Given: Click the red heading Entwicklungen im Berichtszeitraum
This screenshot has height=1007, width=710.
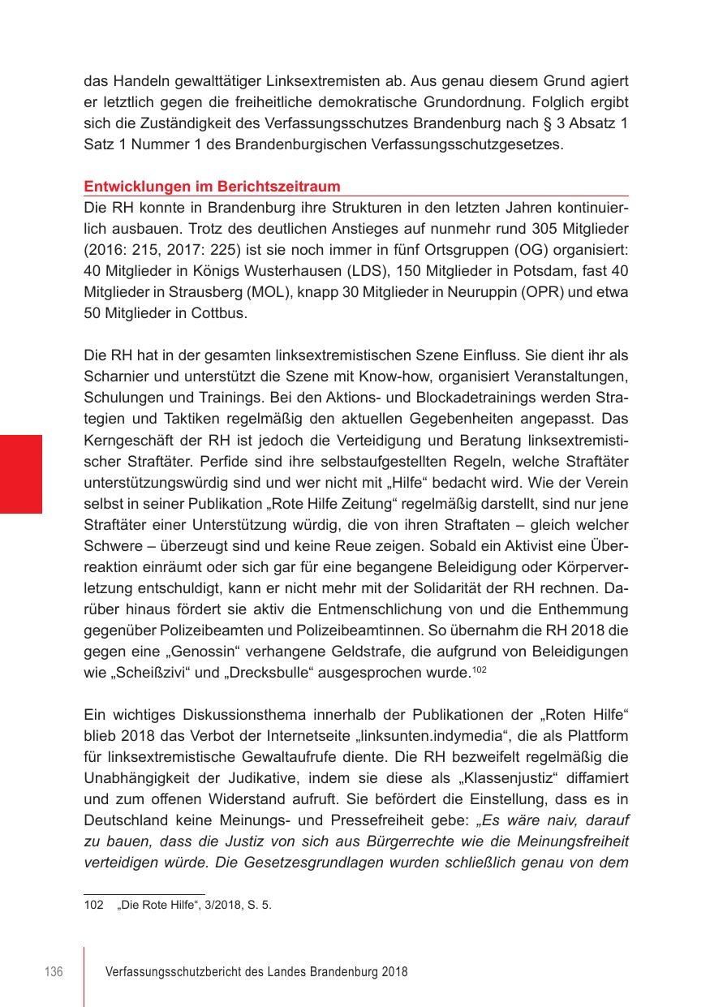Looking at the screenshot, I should (212, 187).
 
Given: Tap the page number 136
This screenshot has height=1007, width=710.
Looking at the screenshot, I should (54, 972).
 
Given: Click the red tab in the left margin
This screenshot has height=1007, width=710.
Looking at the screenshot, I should (21, 474).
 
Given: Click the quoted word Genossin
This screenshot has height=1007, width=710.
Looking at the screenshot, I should (192, 652).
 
